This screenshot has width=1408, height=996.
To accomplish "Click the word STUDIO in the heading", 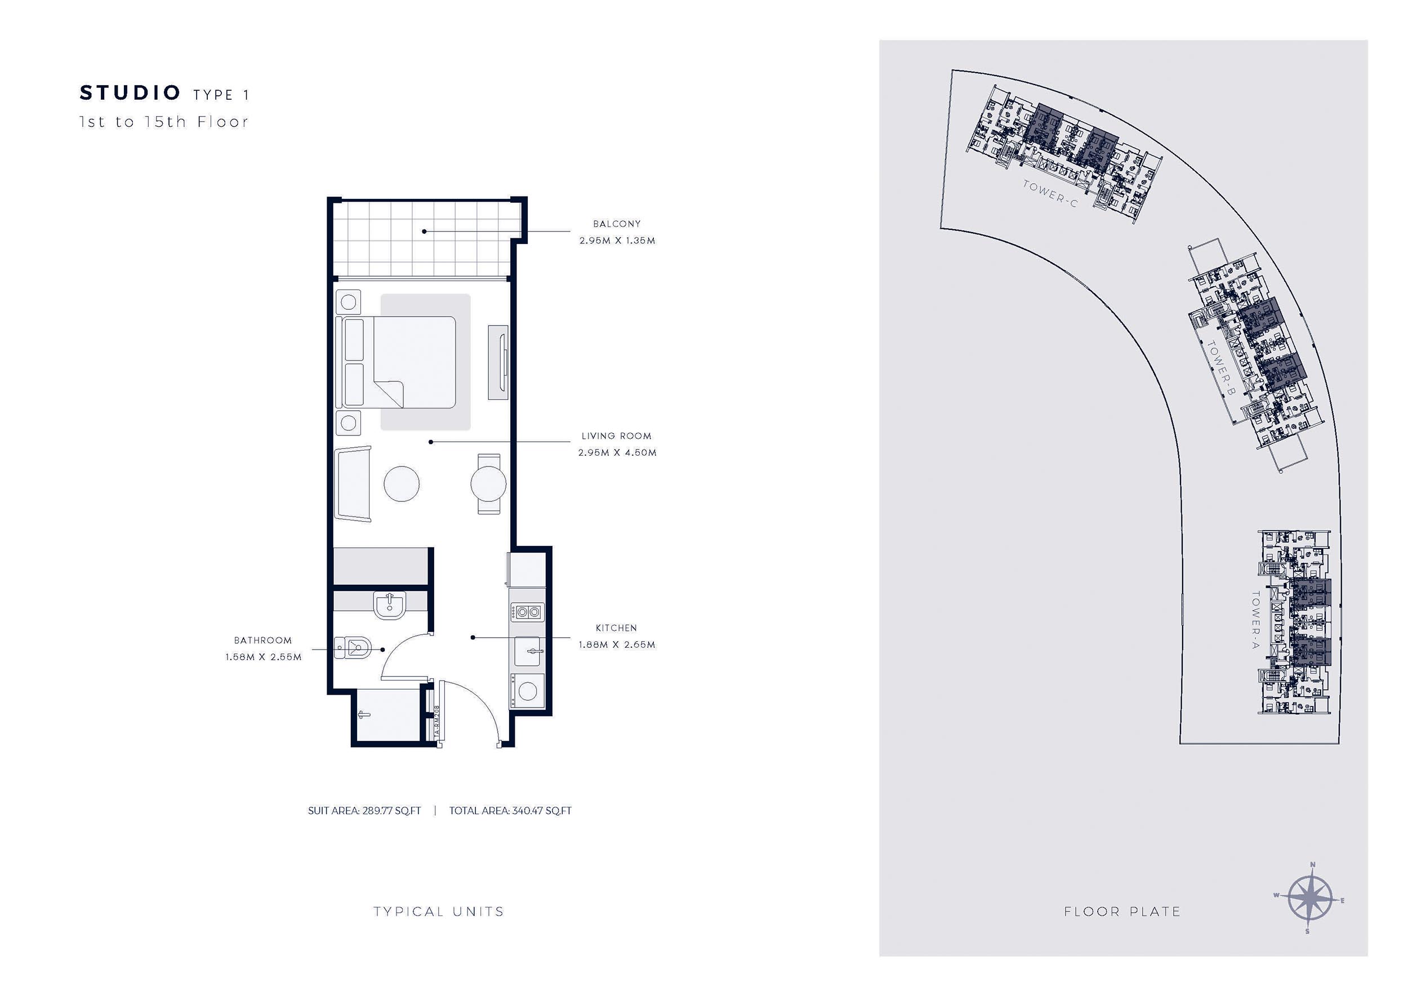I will (x=130, y=93).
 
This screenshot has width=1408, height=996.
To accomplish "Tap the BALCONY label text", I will (x=616, y=224).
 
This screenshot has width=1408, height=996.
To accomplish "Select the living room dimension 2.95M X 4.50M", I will (x=617, y=452).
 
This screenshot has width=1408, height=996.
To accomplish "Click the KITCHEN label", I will (x=616, y=628).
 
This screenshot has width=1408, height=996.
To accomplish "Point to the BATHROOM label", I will (x=263, y=641).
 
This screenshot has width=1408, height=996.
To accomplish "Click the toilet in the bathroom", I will (x=354, y=647).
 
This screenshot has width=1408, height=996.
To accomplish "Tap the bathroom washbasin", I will (x=389, y=604).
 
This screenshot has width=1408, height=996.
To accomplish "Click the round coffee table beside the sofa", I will (x=402, y=483).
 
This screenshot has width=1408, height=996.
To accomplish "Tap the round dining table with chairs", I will (x=488, y=483).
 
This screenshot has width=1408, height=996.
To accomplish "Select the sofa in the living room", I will (x=353, y=484).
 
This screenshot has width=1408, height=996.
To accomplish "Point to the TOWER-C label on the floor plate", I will (x=1050, y=194).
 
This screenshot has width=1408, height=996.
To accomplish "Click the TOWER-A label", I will (x=1255, y=620).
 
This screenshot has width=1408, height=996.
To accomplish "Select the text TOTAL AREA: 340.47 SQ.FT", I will (x=510, y=811).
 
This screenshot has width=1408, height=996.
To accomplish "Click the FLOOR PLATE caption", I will (x=1122, y=912).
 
